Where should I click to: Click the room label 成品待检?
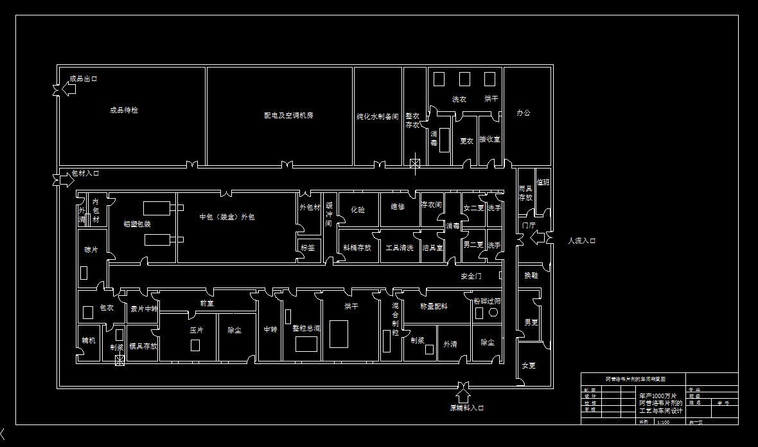coord(124,110)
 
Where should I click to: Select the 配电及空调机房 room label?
coord(288,116)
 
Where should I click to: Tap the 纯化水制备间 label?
coord(378,117)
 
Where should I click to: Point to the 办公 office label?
coord(524,113)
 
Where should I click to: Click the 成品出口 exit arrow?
coord(66,89)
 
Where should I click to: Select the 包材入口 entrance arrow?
coord(65,181)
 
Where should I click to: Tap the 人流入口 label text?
coord(581,241)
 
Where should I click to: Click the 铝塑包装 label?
coord(137,224)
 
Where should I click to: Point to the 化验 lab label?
coord(358,209)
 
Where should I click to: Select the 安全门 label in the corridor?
coord(471,276)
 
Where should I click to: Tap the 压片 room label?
coord(196,329)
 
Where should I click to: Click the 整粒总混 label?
coord(306,328)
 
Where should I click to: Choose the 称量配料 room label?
coord(434,307)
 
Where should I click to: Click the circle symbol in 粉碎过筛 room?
coord(493,312)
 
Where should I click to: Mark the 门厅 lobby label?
coord(529,225)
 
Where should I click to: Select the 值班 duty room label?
coord(543,183)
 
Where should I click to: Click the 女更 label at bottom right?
coord(529,366)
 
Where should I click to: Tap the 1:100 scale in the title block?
coord(663,422)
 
